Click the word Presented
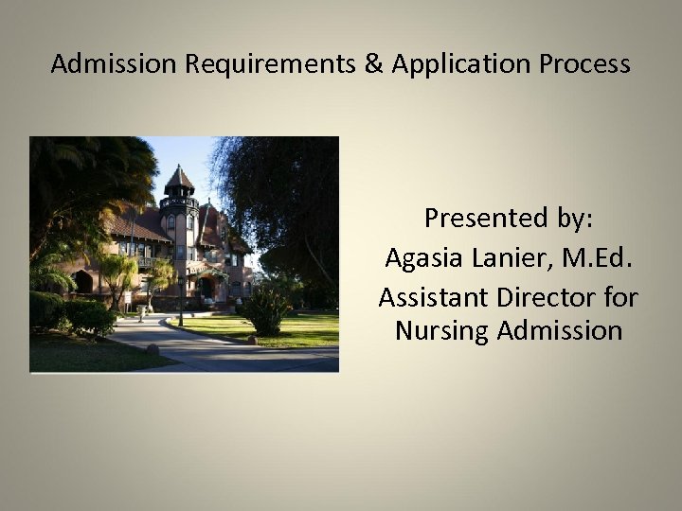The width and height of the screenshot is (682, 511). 481,219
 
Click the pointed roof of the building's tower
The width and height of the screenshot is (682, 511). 179,178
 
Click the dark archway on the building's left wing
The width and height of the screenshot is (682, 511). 84,282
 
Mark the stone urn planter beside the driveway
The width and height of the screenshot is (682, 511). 152,347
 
